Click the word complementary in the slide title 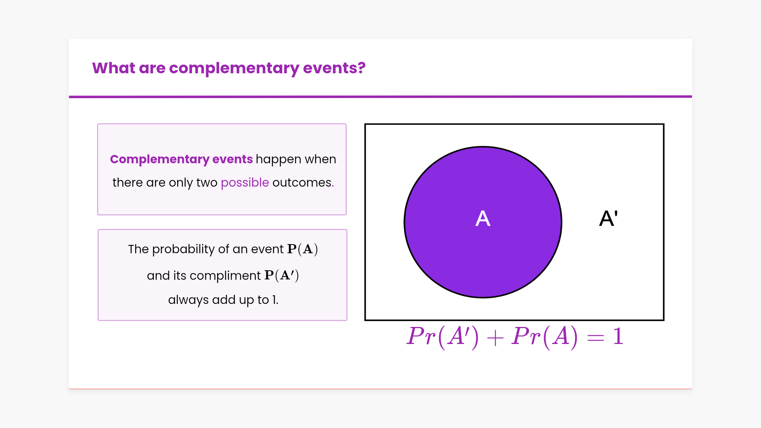(x=234, y=69)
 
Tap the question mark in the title (x=361, y=68)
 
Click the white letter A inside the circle (x=483, y=218)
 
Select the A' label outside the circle (x=608, y=218)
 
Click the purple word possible (x=245, y=183)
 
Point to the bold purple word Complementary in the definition (x=159, y=159)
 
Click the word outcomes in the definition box (x=302, y=182)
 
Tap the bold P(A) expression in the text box (x=303, y=249)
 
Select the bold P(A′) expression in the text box (x=282, y=275)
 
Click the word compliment (x=225, y=276)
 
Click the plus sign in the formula (x=495, y=338)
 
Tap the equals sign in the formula (x=595, y=338)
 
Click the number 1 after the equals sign (x=618, y=336)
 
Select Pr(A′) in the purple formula (x=443, y=337)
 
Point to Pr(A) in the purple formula (x=545, y=337)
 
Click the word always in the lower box (x=188, y=300)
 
